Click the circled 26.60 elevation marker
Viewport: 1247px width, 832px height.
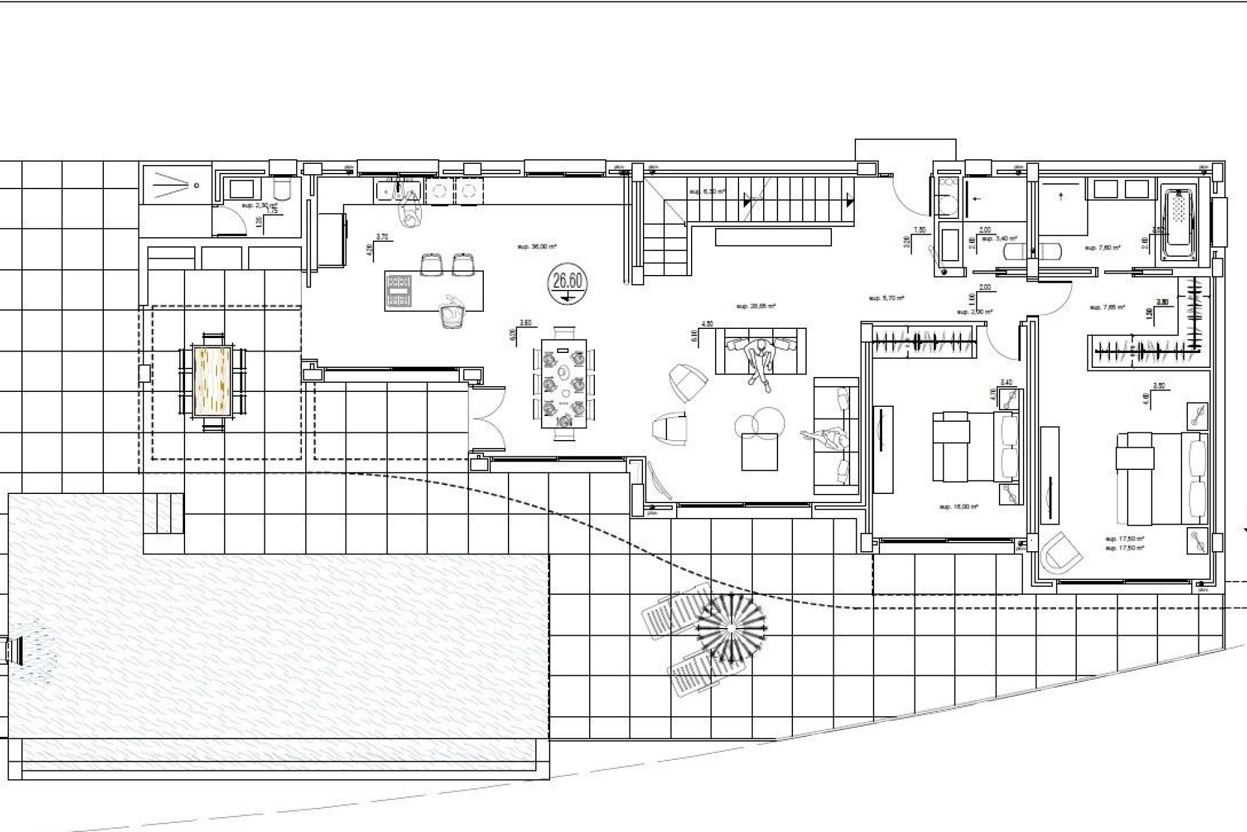click(568, 284)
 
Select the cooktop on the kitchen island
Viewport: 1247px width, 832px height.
click(399, 291)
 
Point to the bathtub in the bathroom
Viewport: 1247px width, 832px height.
click(1179, 224)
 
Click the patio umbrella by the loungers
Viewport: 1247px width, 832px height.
click(730, 627)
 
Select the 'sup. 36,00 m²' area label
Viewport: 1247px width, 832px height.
click(537, 247)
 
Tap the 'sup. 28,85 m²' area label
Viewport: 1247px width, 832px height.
click(756, 305)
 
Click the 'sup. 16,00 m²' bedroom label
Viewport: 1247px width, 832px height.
click(959, 507)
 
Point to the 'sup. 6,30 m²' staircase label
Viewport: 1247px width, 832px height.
click(707, 192)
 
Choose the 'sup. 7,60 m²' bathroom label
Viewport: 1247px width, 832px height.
click(1102, 248)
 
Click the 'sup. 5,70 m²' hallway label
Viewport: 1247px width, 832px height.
click(887, 298)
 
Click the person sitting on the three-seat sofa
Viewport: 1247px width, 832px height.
click(760, 361)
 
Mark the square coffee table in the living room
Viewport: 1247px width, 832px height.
click(759, 451)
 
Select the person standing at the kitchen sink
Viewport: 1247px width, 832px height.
click(409, 209)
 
